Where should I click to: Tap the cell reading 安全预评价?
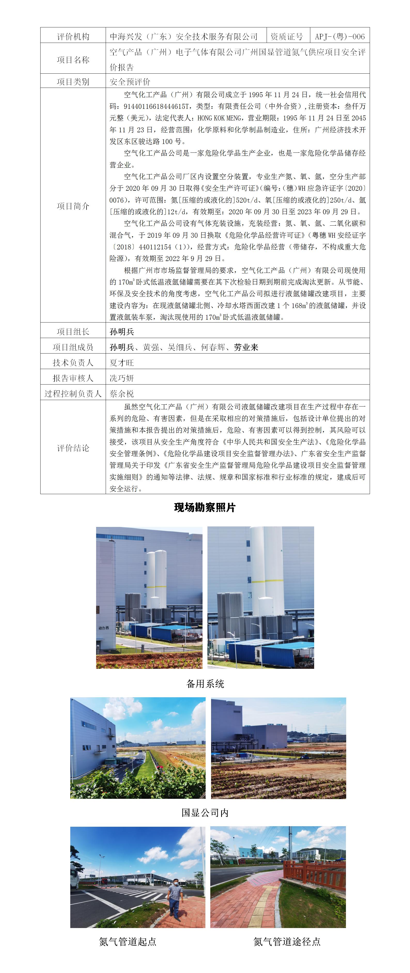(130, 82)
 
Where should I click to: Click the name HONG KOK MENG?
(219, 118)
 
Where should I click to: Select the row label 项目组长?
(73, 332)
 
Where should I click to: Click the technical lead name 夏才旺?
(122, 363)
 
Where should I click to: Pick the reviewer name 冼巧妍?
(122, 378)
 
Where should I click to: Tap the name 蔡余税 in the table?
(122, 394)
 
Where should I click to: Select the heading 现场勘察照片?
(205, 508)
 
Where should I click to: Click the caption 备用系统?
(205, 684)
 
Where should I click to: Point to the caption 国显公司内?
(205, 813)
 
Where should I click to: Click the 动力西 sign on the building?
(104, 628)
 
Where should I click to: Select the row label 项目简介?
(73, 206)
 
